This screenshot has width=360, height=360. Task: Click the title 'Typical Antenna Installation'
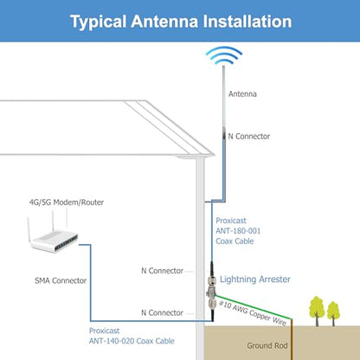pyautogui.click(x=181, y=22)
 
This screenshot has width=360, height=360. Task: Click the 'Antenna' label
pyautogui.click(x=242, y=93)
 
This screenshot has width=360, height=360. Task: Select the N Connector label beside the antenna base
pyautogui.click(x=248, y=136)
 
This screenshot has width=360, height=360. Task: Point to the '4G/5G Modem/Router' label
pyautogui.click(x=67, y=202)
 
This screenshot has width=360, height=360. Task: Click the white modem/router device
pyautogui.click(x=54, y=237)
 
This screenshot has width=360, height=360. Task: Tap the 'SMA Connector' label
pyautogui.click(x=61, y=280)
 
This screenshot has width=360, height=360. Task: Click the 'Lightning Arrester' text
pyautogui.click(x=255, y=280)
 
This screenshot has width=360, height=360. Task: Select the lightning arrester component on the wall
pyautogui.click(x=211, y=292)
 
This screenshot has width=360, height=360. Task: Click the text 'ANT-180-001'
pyautogui.click(x=238, y=231)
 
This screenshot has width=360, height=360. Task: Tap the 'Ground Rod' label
pyautogui.click(x=267, y=345)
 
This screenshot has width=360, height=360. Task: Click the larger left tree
pyautogui.click(x=317, y=311)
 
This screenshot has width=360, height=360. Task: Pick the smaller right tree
pyautogui.click(x=333, y=314)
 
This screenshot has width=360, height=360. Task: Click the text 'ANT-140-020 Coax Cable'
pyautogui.click(x=132, y=341)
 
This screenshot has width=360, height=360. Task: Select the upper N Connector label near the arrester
pyautogui.click(x=162, y=271)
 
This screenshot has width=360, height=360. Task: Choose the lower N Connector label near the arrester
pyautogui.click(x=162, y=312)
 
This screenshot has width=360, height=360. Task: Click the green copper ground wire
pyautogui.click(x=254, y=307)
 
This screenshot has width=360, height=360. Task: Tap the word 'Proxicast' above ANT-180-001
pyautogui.click(x=231, y=221)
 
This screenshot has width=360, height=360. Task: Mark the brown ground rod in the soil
pyautogui.click(x=292, y=339)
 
